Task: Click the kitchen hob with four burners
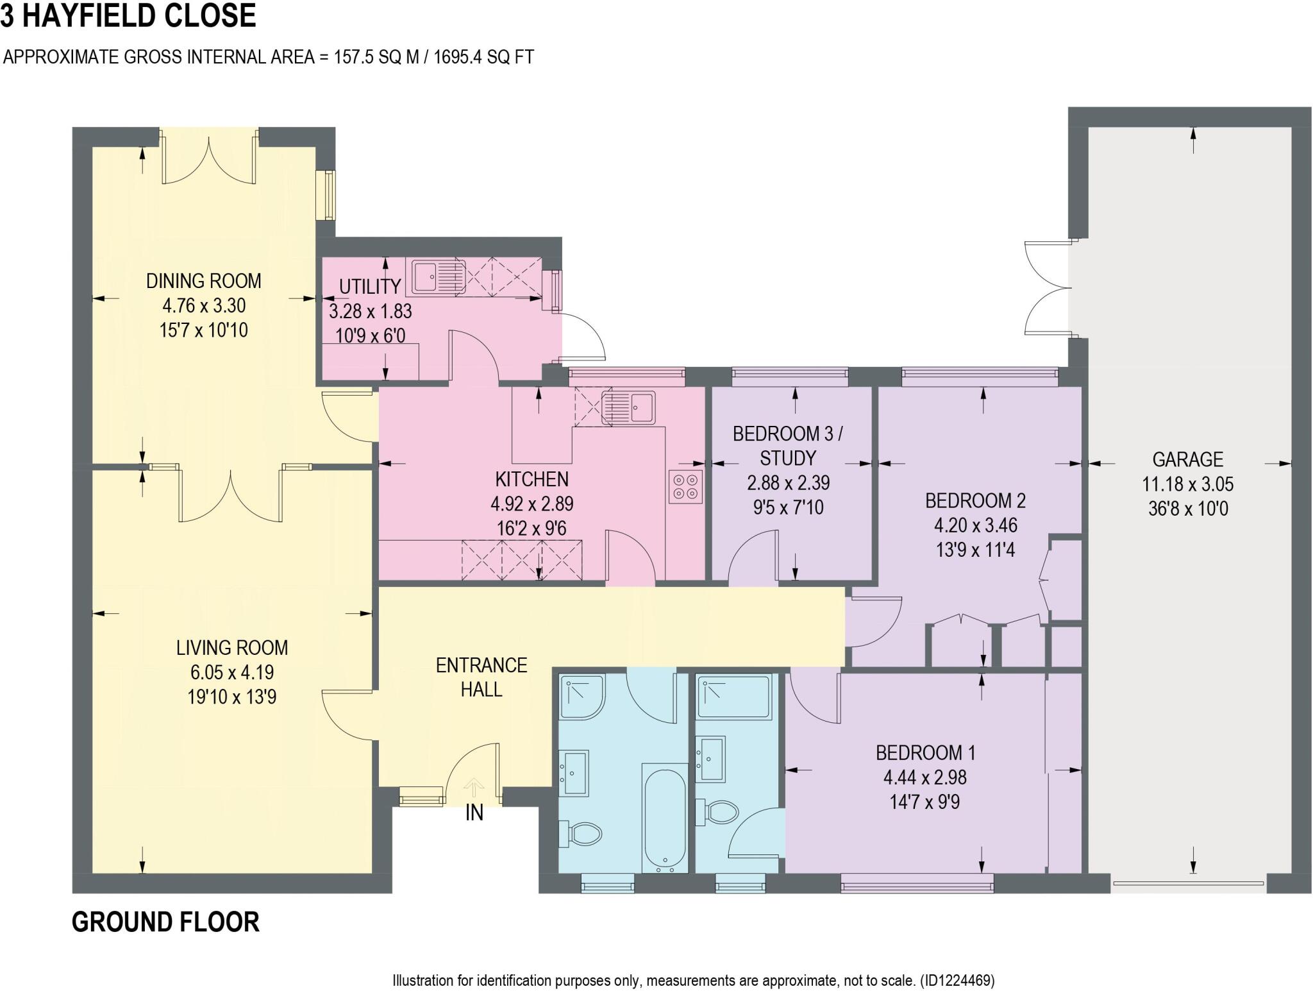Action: [685, 486]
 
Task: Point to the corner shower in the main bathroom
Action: [582, 696]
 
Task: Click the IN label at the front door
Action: [474, 813]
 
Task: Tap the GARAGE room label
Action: [1187, 459]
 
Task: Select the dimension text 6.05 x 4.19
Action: [232, 672]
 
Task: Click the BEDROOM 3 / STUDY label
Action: [787, 446]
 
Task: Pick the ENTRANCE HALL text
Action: [481, 677]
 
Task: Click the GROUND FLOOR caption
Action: [165, 922]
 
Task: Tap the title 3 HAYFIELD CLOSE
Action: [128, 15]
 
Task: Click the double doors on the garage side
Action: [1046, 287]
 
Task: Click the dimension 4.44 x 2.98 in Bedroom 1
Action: [924, 777]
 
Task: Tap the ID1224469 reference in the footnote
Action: [957, 980]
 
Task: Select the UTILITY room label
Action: [370, 286]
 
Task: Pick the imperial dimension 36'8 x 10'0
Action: [1187, 509]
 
